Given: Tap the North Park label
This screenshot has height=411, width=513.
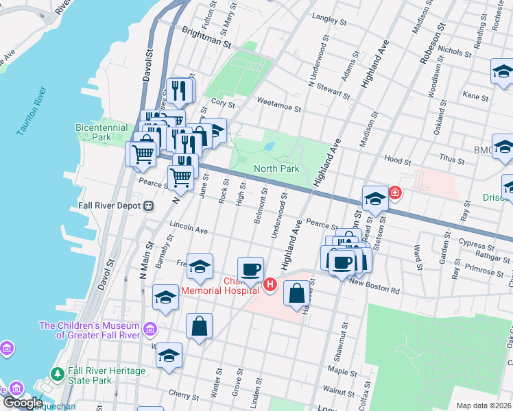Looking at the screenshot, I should (276, 169).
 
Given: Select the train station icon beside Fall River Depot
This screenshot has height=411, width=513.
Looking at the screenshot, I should (148, 206).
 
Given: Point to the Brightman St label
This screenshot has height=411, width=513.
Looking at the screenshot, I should (207, 37).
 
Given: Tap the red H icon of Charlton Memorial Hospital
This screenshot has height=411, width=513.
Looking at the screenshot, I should (270, 284).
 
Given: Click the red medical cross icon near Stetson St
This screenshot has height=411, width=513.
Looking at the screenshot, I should (395, 193).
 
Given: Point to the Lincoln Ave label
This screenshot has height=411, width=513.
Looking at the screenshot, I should (188, 229).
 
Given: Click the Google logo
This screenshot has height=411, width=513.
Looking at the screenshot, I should (23, 402).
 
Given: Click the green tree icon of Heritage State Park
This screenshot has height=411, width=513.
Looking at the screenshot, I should (58, 375).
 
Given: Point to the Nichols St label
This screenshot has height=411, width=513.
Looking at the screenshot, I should (454, 51).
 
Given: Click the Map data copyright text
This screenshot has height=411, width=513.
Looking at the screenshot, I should (483, 406).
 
